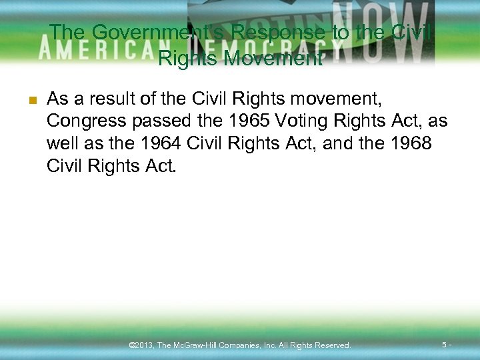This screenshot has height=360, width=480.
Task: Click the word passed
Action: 159,121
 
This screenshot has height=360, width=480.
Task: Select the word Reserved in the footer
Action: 331,345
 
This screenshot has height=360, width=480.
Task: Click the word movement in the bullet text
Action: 333,100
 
